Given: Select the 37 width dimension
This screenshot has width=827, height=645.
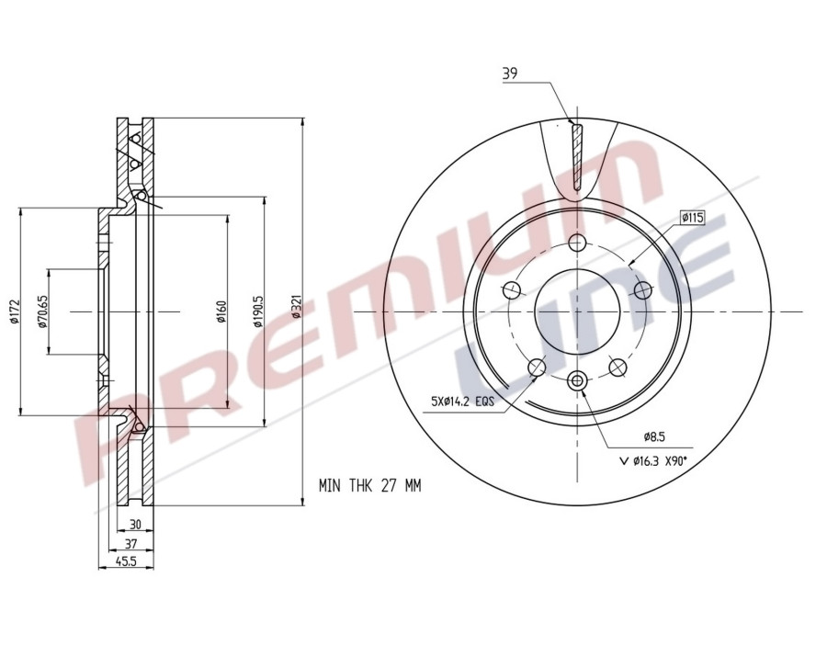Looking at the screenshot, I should point(130,543).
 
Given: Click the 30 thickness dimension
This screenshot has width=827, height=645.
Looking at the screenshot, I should point(135,524).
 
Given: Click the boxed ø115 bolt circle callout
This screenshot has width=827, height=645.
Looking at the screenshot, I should point(692,218).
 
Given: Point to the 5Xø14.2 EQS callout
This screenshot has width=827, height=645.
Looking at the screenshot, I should point(463,402).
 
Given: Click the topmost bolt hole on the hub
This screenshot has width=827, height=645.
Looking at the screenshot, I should point(576,243).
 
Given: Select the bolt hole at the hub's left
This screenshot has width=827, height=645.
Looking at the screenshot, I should point(512,291).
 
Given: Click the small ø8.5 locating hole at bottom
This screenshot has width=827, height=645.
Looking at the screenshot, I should point(576,380).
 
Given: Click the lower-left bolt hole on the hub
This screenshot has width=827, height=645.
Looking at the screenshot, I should point(537,367).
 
